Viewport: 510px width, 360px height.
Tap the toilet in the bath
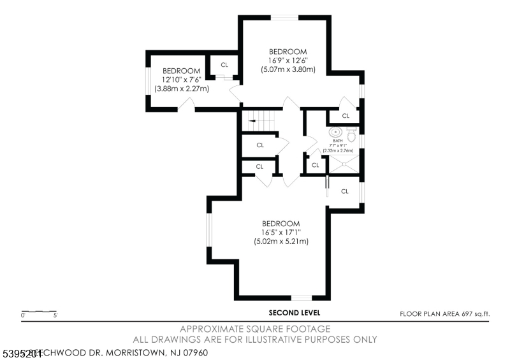click(x=351, y=133)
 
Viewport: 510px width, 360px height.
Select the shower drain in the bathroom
click(x=344, y=164)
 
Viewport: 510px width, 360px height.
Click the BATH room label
click(x=338, y=141)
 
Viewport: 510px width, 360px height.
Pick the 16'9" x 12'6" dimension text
click(x=288, y=61)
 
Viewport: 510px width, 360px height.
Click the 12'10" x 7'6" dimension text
click(x=182, y=80)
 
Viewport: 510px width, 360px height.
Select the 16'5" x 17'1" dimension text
click(x=281, y=233)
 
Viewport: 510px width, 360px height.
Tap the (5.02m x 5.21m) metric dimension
click(x=281, y=242)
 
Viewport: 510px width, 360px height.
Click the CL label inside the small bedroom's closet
click(x=224, y=65)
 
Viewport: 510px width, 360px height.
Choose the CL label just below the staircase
click(x=260, y=145)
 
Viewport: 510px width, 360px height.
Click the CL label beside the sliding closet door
click(x=345, y=191)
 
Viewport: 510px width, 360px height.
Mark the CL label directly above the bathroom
click(x=346, y=116)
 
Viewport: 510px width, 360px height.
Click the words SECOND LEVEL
click(x=295, y=313)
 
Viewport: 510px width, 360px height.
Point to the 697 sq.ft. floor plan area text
click(x=476, y=313)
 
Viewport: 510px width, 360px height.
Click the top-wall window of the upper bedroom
click(x=286, y=18)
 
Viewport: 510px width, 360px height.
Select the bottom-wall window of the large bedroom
click(x=302, y=297)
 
